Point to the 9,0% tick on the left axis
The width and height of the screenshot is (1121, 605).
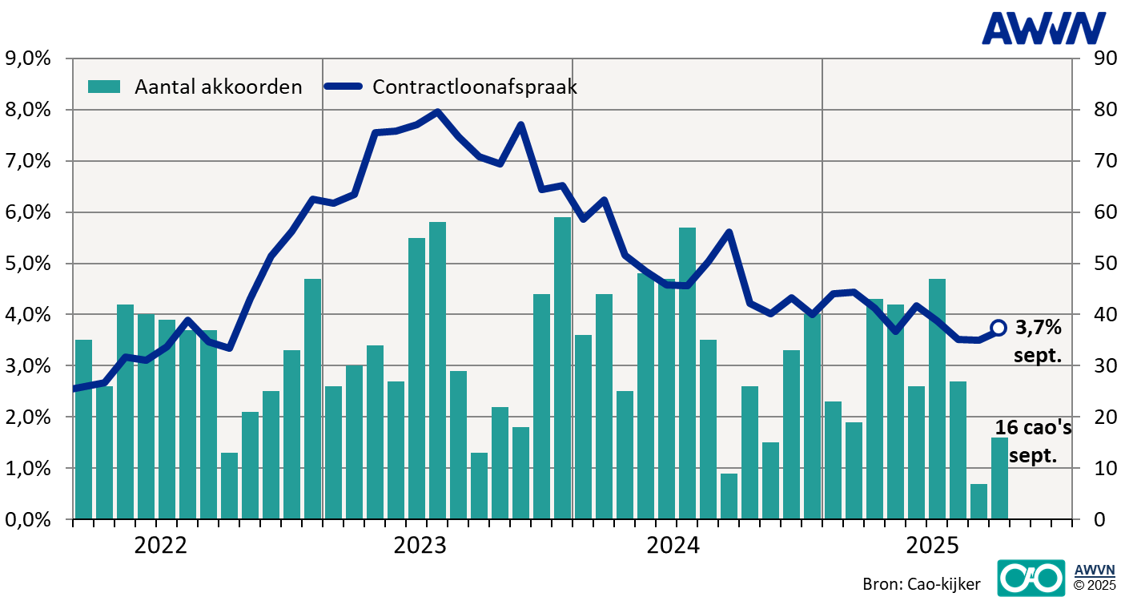click(28, 58)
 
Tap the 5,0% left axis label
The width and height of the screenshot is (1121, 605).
click(28, 264)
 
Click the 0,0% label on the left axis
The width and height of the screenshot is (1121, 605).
click(28, 519)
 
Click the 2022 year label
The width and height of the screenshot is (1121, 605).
click(160, 546)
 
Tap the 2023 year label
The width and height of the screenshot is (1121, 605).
click(420, 546)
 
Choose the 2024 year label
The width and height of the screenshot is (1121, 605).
click(673, 546)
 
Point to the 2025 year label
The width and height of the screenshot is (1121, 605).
click(932, 546)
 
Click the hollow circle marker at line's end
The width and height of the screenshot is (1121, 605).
click(998, 327)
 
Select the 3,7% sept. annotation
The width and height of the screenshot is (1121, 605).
click(1038, 341)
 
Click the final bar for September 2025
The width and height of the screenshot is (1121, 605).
click(999, 478)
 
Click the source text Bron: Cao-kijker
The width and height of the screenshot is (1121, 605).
click(920, 584)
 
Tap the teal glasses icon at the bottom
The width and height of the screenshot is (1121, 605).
click(1031, 577)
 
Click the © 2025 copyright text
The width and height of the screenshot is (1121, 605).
click(1094, 584)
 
